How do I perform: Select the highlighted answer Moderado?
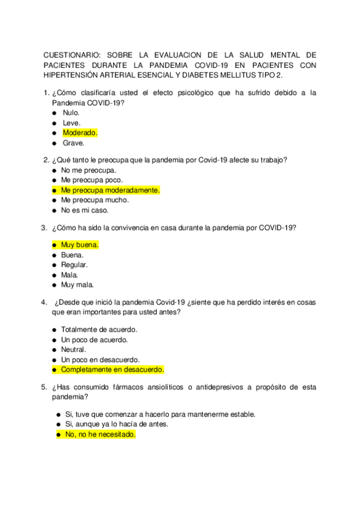[80, 133]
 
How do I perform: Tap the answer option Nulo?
[71, 112]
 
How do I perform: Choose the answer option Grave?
[73, 143]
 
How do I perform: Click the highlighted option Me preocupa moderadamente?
[111, 190]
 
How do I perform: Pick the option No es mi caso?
[85, 210]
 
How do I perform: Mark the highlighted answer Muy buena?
[79, 245]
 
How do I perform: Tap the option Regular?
[74, 265]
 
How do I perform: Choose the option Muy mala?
[77, 285]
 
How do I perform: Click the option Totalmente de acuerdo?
[99, 330]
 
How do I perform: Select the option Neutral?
[73, 349]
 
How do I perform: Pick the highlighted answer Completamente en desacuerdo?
[112, 370]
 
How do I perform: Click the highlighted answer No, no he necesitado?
[100, 434]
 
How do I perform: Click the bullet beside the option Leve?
[55, 123]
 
